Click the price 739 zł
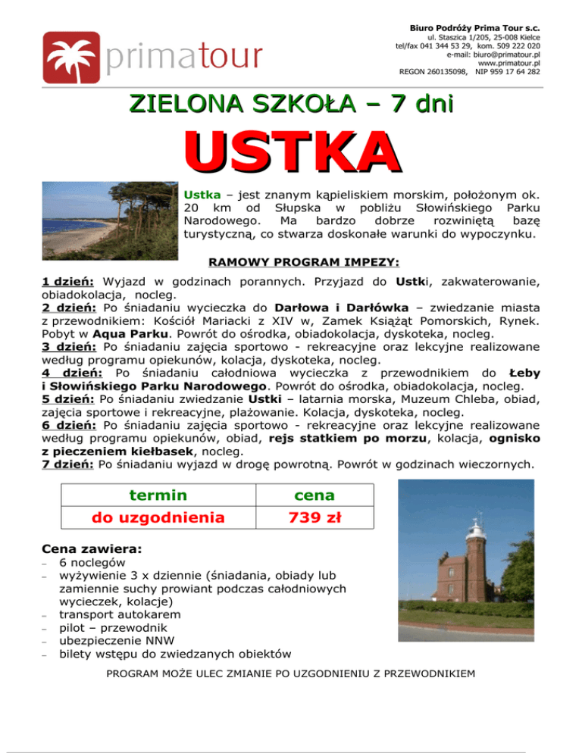pyautogui.click(x=313, y=518)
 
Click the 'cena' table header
pyautogui.click(x=313, y=495)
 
